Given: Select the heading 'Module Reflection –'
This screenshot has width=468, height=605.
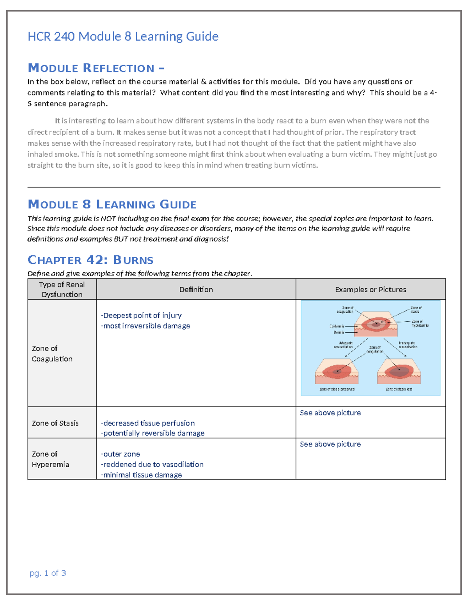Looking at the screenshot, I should coord(96,68).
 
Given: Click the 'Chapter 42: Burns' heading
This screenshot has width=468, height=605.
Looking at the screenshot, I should coord(90,260).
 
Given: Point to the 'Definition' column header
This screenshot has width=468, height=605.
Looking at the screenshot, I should coord(196,289).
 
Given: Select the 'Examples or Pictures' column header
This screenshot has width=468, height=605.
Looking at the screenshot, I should coord(370,289).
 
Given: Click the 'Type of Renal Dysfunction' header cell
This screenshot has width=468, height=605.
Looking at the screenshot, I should coord(62,289).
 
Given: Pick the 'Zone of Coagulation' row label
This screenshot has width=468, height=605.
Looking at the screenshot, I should coord(52,353).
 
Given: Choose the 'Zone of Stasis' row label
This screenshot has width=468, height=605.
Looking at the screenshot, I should coord(55,423).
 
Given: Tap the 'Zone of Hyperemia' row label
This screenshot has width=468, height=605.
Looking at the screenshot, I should coord(50,459).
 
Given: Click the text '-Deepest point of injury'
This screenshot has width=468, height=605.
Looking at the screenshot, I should coord(141,315).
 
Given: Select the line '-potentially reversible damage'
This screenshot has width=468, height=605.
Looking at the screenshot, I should coord(152,433).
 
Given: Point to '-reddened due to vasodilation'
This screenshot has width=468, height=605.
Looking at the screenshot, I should coord(152,464).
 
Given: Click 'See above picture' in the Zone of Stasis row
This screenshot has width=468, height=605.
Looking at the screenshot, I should coord(330,413).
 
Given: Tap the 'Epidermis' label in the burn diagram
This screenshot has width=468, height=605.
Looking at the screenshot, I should coord(337,326).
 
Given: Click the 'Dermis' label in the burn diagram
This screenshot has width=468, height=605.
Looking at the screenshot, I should coord(339,333).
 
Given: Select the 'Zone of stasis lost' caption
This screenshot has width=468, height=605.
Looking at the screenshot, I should coord(399,389).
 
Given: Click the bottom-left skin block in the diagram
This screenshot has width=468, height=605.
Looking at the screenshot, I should coord(337,372).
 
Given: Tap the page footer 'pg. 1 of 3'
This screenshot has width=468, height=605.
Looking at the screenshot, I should coord(48,573).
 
